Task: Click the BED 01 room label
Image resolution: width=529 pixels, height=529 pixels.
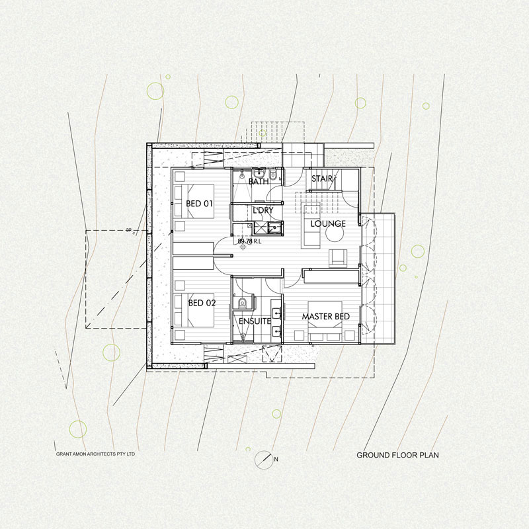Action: click(200, 204)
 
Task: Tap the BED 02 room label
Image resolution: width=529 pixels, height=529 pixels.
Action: click(202, 303)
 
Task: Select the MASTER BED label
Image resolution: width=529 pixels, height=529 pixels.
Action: click(325, 317)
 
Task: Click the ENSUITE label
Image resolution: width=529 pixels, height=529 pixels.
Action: click(255, 321)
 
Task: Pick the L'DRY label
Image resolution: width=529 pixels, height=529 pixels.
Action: click(263, 210)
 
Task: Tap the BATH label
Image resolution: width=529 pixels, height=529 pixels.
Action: click(259, 181)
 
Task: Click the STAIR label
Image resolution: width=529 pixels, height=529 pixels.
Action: click(322, 179)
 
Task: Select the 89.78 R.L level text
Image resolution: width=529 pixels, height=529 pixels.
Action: click(249, 241)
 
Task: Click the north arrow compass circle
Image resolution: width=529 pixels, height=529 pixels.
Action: click(263, 460)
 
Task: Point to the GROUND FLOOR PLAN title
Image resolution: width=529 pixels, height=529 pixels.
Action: click(398, 455)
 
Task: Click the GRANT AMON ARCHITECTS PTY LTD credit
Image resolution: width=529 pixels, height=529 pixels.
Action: click(95, 454)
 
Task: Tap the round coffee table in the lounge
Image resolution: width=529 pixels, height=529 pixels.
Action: click(335, 233)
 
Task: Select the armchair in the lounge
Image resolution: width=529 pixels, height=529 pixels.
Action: click(338, 258)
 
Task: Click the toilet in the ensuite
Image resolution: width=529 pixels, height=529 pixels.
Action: click(242, 303)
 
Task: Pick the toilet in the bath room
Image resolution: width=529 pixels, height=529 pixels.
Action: click(274, 176)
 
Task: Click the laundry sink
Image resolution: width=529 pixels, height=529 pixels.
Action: click(274, 227)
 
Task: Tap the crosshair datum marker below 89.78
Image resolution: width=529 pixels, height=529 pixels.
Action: click(243, 247)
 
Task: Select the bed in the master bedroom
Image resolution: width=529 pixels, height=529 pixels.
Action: click(325, 321)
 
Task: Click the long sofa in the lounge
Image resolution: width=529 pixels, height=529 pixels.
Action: click(310, 225)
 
